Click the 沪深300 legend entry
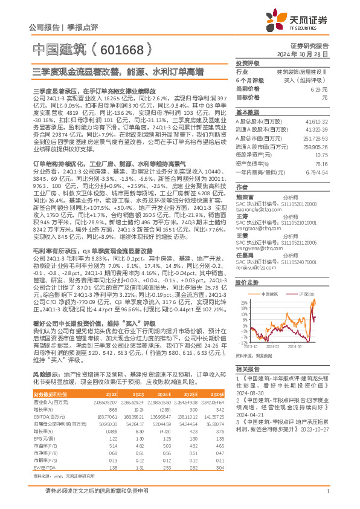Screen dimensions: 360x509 [x=307, y=294]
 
